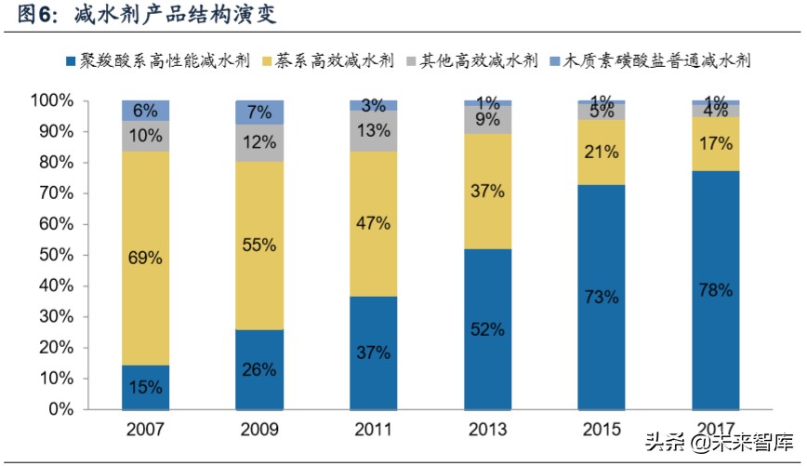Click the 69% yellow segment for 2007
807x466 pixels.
pos(145,258)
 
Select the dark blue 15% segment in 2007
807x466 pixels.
pos(145,387)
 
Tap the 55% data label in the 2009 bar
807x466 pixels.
pos(259,246)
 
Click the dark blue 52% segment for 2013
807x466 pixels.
pos(487,328)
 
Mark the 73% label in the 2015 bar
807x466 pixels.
pos(602,297)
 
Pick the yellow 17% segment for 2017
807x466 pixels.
pos(716,143)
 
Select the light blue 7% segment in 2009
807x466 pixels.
pos(259,113)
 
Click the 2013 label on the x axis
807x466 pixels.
pos(487,429)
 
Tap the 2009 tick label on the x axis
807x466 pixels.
pos(259,429)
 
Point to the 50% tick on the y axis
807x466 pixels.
pos(52,255)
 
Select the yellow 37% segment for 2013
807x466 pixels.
pos(487,192)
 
